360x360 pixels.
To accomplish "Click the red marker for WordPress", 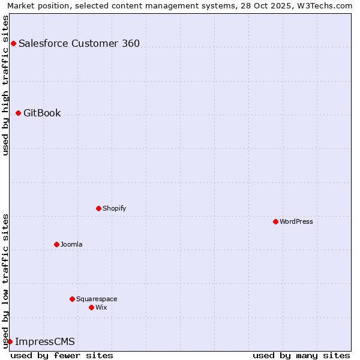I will [x=275, y=221].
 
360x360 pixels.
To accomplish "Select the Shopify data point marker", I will [x=98, y=208].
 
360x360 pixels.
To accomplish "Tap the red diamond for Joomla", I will [x=56, y=244].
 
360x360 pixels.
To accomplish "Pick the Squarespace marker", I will [x=72, y=299].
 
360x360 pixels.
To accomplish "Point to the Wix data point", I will [x=91, y=307].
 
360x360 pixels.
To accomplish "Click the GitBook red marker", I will [x=18, y=113].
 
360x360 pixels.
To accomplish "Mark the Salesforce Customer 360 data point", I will [x=13, y=43].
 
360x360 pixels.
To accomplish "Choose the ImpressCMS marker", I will [x=10, y=341].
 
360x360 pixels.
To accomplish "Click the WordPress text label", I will [x=296, y=221].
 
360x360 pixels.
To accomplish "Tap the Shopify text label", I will [x=114, y=208].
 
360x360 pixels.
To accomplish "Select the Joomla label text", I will [x=71, y=244].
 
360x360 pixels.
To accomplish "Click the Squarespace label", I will [x=97, y=299].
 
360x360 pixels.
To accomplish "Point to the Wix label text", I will [x=101, y=307].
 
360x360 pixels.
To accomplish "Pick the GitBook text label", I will [x=42, y=113].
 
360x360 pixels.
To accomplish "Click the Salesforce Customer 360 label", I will [x=79, y=43].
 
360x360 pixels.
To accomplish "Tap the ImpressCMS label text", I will [x=45, y=341].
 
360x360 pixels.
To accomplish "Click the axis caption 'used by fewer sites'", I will [x=62, y=355].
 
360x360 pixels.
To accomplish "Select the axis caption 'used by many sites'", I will [x=301, y=355].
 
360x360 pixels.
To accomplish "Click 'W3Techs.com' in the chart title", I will [x=326, y=6].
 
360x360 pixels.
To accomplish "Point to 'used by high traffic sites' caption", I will [x=6, y=85].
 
